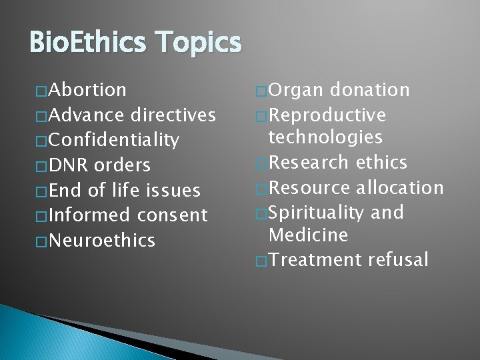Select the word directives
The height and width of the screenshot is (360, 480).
[174, 115]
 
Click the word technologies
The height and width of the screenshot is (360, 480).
[325, 137]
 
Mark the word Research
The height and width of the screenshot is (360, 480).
[309, 162]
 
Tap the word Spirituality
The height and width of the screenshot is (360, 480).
[325, 212]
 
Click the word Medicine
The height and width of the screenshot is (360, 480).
[308, 235]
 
